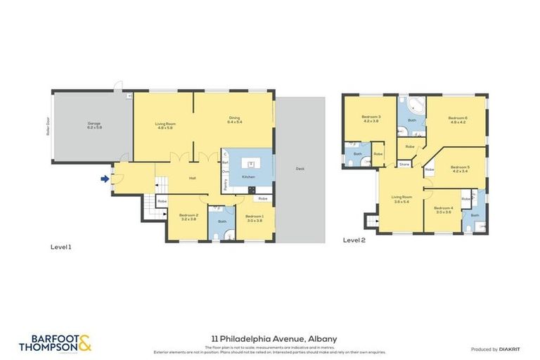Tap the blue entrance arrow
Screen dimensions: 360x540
(105, 179)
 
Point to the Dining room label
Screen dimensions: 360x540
(234, 120)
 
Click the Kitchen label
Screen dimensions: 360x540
(249, 176)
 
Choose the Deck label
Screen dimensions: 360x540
(300, 168)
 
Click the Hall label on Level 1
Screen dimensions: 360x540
(192, 178)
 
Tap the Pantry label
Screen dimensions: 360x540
(224, 185)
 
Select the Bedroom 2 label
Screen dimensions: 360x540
(188, 217)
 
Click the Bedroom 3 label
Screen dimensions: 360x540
(371, 119)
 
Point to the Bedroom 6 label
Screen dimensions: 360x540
(458, 120)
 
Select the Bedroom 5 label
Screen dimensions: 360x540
(461, 169)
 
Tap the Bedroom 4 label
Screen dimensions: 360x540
(442, 210)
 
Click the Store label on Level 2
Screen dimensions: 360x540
(404, 165)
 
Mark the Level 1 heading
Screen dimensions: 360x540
(61, 247)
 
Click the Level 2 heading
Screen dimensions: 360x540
(354, 240)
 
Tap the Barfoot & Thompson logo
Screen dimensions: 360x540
(55, 343)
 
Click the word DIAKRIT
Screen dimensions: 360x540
(509, 349)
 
